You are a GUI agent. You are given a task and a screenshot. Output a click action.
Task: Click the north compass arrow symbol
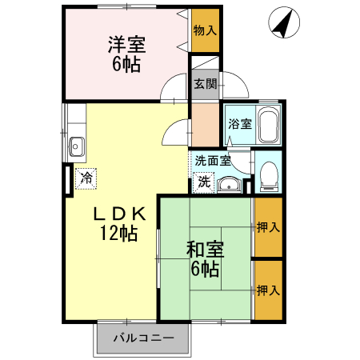click(x=284, y=22)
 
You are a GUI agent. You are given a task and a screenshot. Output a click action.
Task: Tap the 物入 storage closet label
click(x=205, y=30)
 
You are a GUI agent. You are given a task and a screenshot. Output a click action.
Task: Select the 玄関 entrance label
click(x=205, y=84)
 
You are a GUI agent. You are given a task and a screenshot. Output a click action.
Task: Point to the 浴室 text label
click(x=240, y=124)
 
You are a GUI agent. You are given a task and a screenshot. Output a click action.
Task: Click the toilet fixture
click(x=269, y=176)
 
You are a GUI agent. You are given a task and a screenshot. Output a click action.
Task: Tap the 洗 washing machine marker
click(x=204, y=182)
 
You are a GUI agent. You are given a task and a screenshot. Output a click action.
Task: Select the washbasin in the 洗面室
click(x=230, y=184)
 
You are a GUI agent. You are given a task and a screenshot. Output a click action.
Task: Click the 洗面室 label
click(x=213, y=161)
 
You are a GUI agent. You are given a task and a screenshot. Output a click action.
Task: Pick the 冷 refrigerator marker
click(x=86, y=178)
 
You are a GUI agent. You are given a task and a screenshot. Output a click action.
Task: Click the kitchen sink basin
click(x=77, y=146)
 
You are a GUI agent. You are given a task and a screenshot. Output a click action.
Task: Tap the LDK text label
click(x=119, y=214)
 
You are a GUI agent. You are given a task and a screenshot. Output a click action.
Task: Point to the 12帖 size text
click(x=119, y=233)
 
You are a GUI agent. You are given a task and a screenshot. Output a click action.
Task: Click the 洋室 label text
click(x=126, y=44)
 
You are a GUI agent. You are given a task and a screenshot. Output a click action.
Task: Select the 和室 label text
click(x=205, y=249)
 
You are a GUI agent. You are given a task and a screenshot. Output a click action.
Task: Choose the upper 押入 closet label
click(x=268, y=227)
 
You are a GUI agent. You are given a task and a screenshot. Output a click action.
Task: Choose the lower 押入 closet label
click(x=268, y=290)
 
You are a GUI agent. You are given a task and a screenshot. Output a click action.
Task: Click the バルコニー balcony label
click(x=144, y=338)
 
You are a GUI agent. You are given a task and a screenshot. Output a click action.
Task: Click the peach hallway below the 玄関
click(x=206, y=125)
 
